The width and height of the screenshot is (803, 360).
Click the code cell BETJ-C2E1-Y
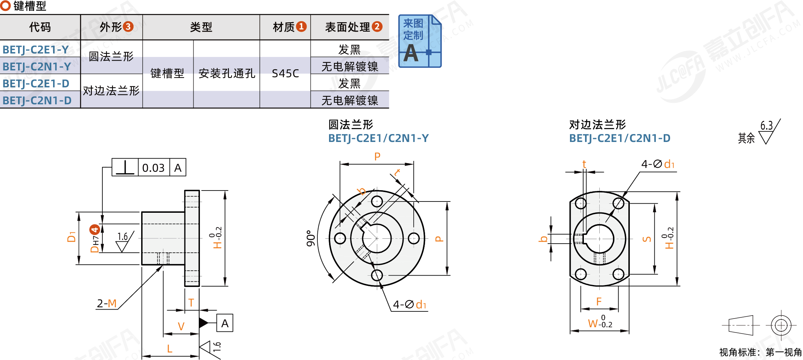pyautogui.click(x=36, y=50)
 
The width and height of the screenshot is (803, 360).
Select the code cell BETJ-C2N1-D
pyautogui.click(x=37, y=101)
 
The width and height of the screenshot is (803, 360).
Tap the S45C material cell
pyautogui.click(x=285, y=73)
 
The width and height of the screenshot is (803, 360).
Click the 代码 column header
pyautogui.click(x=40, y=27)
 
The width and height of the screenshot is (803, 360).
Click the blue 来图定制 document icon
pyautogui.click(x=419, y=41)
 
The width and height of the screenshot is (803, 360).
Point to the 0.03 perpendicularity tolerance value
pyautogui.click(x=153, y=168)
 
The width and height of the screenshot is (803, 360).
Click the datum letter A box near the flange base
pyautogui.click(x=225, y=323)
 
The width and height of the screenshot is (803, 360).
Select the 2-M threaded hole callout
pyautogui.click(x=107, y=304)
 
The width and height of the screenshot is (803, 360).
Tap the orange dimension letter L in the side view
pyautogui.click(x=170, y=349)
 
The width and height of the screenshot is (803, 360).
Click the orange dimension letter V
pyautogui.click(x=181, y=326)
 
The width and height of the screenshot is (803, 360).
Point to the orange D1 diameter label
pyautogui.click(x=71, y=236)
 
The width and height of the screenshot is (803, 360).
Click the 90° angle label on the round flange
pyautogui.click(x=311, y=238)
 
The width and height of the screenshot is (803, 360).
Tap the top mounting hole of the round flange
pyautogui.click(x=377, y=201)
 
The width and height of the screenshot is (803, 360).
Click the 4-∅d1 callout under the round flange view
pyautogui.click(x=410, y=305)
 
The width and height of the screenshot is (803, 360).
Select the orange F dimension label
pyautogui.click(x=599, y=302)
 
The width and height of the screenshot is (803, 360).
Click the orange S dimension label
pyautogui.click(x=647, y=239)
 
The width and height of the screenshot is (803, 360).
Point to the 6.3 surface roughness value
pyautogui.click(x=766, y=125)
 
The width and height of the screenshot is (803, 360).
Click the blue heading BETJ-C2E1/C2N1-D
pyautogui.click(x=620, y=139)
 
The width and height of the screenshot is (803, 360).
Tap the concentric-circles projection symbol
pyautogui.click(x=781, y=325)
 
